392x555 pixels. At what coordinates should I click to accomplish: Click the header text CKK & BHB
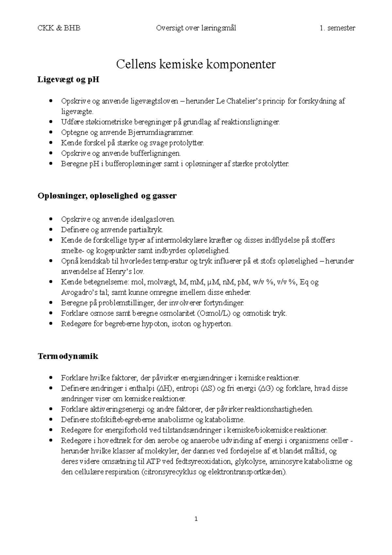[x=59, y=28]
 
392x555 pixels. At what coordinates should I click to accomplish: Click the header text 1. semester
[x=337, y=28]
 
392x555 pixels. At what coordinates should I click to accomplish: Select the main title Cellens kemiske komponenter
[x=196, y=64]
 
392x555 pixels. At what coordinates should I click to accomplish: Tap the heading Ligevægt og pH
[x=68, y=79]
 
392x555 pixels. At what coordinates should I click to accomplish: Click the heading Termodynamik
[x=68, y=356]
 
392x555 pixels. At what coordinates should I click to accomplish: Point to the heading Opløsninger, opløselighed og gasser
[x=107, y=196]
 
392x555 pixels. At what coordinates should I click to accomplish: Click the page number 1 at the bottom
[x=196, y=519]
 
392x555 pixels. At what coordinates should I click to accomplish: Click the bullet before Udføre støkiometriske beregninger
[x=50, y=122]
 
